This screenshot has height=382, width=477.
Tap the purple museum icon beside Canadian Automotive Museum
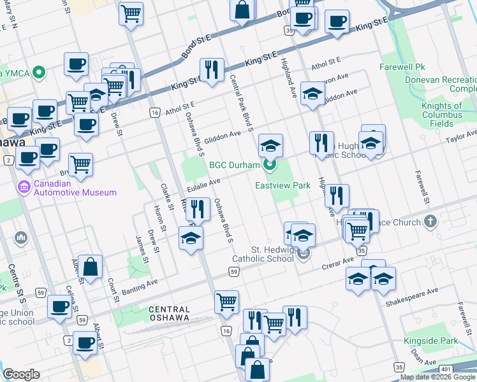pyautogui.click(x=24, y=188)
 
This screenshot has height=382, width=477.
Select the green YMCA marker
pyautogui.click(x=39, y=72)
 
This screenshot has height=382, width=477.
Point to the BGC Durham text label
pyautogui.click(x=234, y=166)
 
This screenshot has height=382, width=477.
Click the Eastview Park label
pyautogui.click(x=283, y=185)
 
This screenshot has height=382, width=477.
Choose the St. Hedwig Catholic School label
pyautogui.click(x=263, y=254)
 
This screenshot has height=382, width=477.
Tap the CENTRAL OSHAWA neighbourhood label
pyautogui.click(x=169, y=313)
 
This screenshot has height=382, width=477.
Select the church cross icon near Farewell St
pyautogui.click(x=430, y=222)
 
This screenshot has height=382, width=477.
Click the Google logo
pyautogui.click(x=21, y=374)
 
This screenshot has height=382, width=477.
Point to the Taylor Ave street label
pyautogui.click(x=460, y=137)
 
